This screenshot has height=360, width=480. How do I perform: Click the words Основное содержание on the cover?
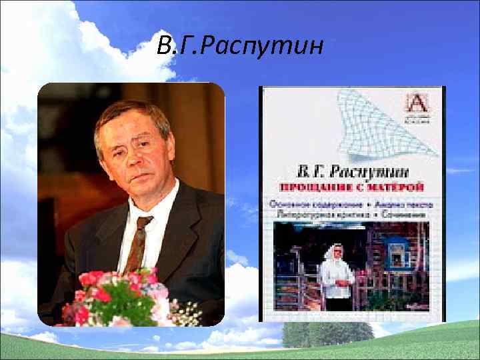tap(307, 203)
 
